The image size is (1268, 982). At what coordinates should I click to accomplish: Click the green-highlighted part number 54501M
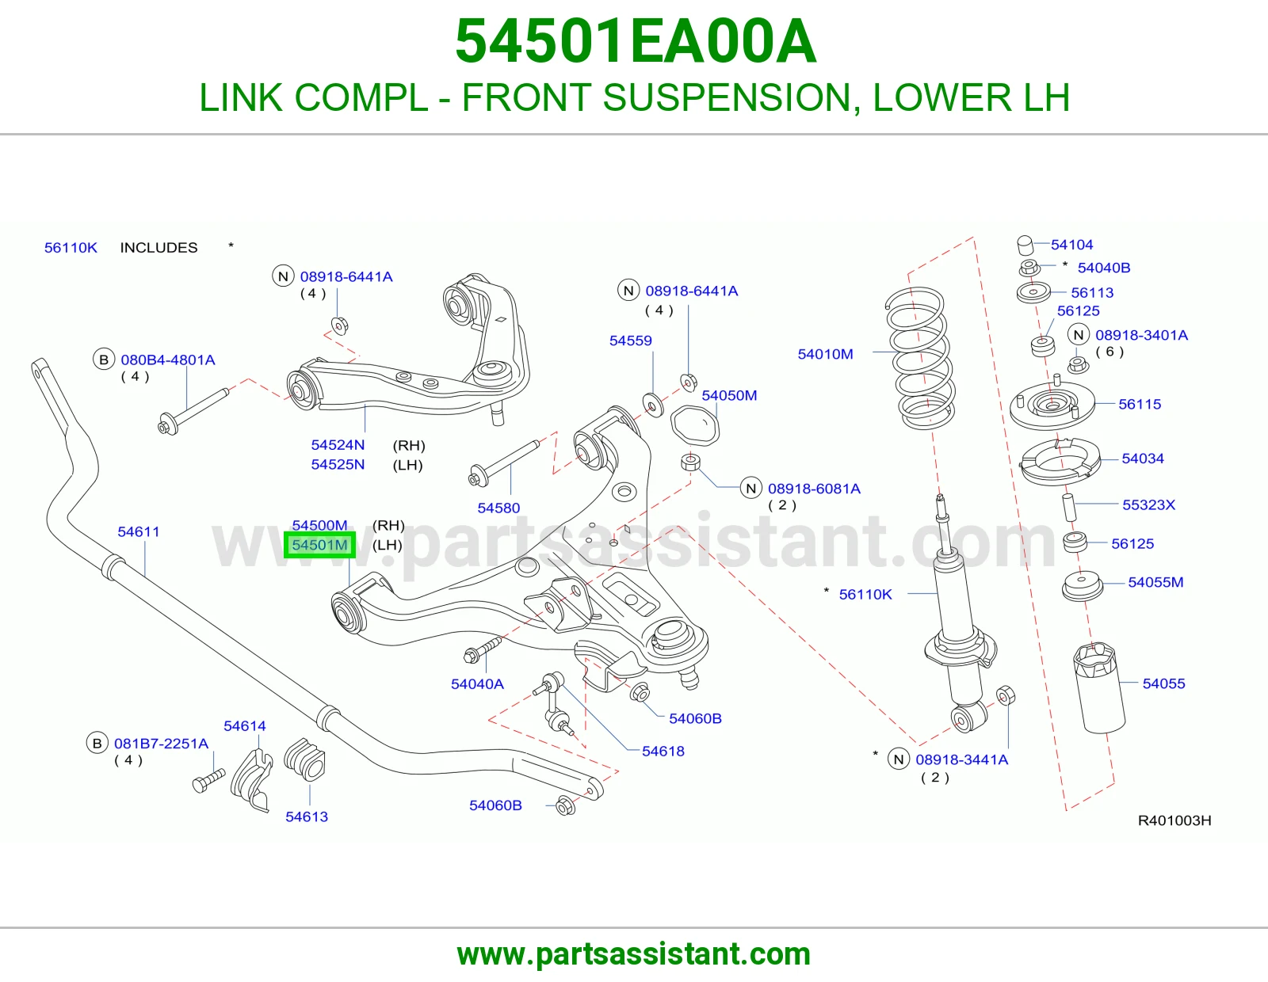point(319,545)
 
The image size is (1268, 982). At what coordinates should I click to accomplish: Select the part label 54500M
point(319,525)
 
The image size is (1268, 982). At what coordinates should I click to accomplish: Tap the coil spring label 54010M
point(825,354)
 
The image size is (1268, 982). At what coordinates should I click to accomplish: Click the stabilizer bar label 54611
point(139,531)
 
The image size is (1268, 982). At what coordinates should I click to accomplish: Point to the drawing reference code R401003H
point(1174,820)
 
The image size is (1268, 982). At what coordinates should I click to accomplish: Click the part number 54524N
point(338,445)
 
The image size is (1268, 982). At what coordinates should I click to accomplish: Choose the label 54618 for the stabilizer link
point(663,751)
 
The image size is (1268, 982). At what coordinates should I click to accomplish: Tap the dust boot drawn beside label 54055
point(1099,687)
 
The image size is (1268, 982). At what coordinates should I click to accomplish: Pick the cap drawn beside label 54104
point(1025,246)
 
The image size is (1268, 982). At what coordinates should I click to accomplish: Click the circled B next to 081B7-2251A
point(97,743)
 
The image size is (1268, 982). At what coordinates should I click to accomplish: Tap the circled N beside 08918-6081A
point(751,488)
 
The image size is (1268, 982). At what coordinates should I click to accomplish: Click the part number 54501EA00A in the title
point(636,41)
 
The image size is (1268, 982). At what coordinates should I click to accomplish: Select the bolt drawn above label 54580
point(503,463)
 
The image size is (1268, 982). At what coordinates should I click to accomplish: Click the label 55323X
point(1148,504)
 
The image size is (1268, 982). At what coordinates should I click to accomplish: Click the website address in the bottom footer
point(634,954)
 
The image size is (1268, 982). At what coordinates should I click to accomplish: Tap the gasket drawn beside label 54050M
point(694,425)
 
